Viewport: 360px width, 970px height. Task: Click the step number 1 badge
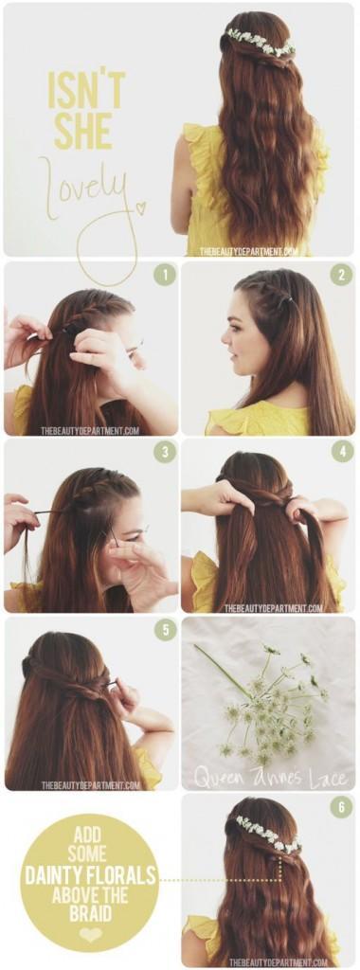165,275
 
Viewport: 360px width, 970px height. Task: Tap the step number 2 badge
342,275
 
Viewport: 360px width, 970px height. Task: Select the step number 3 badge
165,452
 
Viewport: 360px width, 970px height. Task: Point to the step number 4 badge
342,452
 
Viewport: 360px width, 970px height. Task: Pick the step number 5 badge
165,629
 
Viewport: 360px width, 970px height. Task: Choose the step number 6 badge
342,806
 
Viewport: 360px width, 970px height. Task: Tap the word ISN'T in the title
85,90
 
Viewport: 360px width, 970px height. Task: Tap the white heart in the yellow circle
90,934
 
